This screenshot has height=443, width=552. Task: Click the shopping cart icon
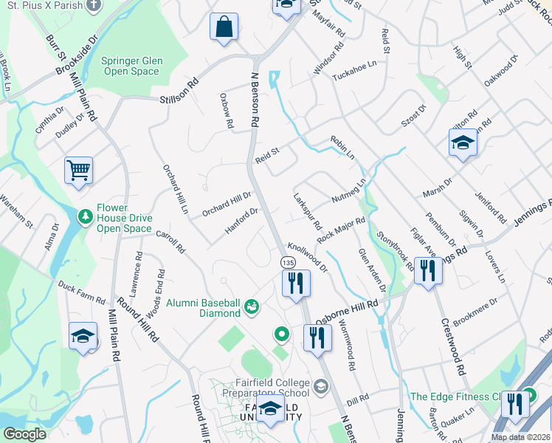click(78, 171)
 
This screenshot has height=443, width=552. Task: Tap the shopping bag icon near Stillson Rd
click(224, 27)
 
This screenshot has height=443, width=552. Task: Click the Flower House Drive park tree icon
click(86, 216)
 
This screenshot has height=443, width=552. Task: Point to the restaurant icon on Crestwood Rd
click(427, 270)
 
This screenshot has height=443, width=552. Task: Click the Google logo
click(24, 434)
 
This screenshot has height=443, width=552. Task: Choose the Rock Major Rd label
click(341, 230)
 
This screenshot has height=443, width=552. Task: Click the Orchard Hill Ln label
click(175, 188)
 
